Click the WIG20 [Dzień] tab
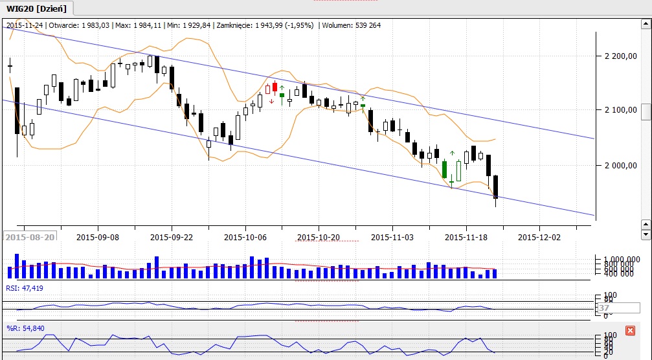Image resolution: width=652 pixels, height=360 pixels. click(37, 8)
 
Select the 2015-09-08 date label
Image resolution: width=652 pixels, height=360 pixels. click(98, 237)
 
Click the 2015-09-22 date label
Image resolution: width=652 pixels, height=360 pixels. click(172, 237)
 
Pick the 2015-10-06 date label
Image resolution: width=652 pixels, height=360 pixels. click(246, 237)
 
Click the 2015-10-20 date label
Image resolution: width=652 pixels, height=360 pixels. click(320, 237)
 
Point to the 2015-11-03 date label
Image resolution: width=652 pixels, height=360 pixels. click(393, 237)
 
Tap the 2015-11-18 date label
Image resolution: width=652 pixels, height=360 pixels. click(467, 237)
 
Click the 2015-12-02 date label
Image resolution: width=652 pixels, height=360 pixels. click(541, 237)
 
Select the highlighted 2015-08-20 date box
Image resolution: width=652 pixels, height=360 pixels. click(30, 238)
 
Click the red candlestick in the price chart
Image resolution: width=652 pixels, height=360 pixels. click(275, 87)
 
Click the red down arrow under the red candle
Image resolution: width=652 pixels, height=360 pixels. click(271, 101)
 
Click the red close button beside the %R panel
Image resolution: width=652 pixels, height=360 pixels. click(630, 330)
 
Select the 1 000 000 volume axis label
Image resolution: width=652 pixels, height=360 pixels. click(619, 258)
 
